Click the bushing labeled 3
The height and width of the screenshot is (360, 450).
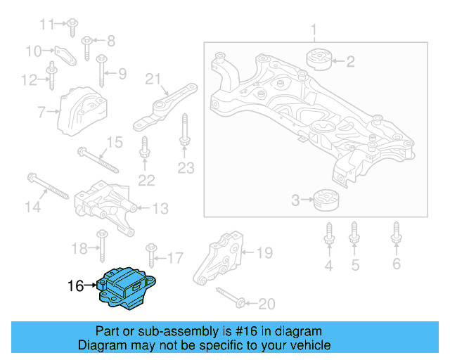click(x=326, y=200)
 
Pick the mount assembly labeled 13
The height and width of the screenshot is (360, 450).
click(x=105, y=207)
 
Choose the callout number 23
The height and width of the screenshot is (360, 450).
click(x=185, y=168)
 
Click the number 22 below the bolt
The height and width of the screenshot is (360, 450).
click(x=146, y=180)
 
